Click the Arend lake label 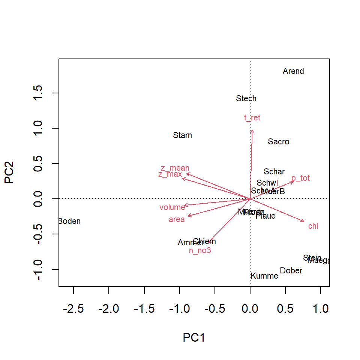pos(293,71)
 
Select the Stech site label pos(246,99)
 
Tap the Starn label pos(182,135)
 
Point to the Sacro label pos(279,142)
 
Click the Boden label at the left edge pos(70,221)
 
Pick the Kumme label pos(264,276)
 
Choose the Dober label pos(291,271)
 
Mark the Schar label pos(274,172)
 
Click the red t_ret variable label pos(252,118)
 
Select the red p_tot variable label pos(300,178)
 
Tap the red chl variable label pos(313,226)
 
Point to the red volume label pos(172,207)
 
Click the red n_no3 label pos(200,250)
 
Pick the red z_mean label pos(175,168)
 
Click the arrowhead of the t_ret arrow pos(252,130)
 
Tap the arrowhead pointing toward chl pos(303,221)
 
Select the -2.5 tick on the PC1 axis pos(73,309)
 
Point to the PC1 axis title pos(194,337)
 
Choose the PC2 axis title pos(10,172)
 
